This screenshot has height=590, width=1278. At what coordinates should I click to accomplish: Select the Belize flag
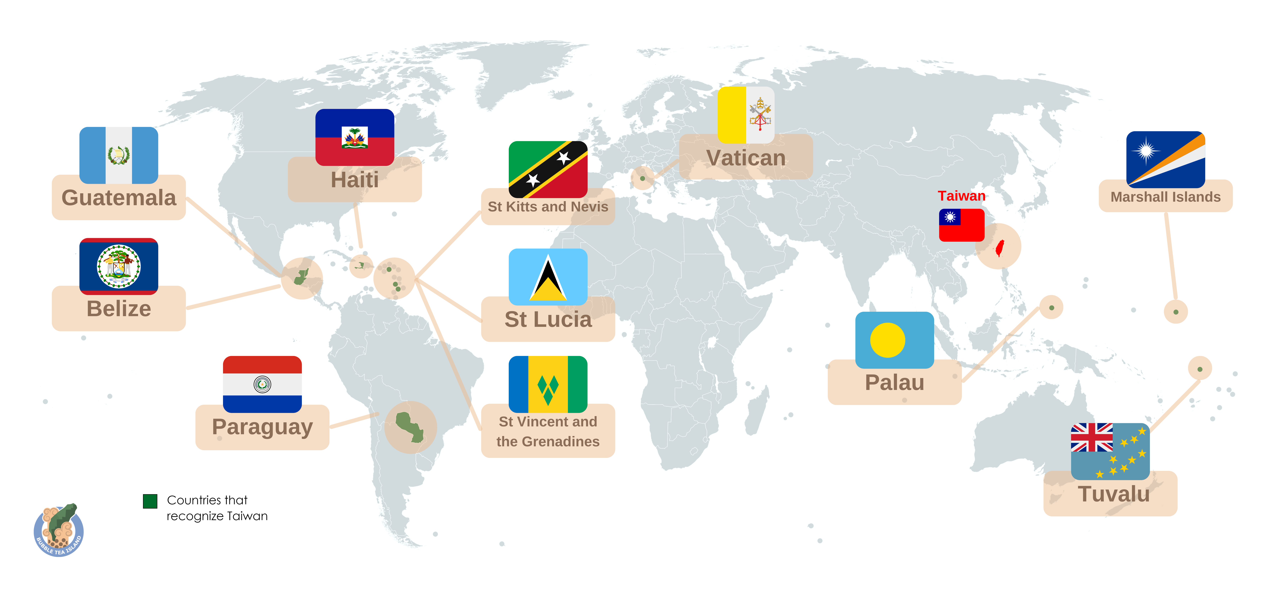click(x=119, y=266)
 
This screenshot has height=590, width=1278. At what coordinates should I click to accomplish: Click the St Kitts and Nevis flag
click(x=548, y=169)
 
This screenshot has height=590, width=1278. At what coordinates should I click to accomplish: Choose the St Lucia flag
click(x=548, y=277)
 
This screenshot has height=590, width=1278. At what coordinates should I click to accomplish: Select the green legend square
click(x=150, y=501)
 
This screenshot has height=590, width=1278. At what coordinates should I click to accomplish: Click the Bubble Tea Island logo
click(x=58, y=530)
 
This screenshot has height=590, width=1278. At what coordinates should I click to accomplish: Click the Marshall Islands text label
click(x=1165, y=197)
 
